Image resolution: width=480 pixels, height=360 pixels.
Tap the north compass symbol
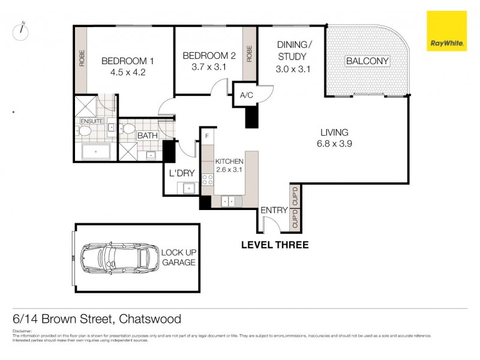point(21,32)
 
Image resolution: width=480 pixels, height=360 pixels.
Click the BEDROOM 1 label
point(128,61)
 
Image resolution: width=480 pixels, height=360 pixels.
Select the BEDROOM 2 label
point(209,56)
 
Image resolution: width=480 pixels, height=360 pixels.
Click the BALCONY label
point(368,61)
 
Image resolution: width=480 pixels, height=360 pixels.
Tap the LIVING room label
point(334,133)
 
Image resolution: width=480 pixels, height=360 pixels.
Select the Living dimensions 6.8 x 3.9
point(334,144)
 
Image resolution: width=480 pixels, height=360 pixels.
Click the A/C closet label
point(246,95)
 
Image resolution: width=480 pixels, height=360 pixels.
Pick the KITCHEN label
point(229,161)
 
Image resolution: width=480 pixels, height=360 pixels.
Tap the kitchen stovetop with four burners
point(208,179)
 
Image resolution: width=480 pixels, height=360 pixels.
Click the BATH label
point(147,136)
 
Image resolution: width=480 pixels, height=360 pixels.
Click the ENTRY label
point(274,210)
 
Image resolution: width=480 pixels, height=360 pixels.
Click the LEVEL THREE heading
point(275,245)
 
